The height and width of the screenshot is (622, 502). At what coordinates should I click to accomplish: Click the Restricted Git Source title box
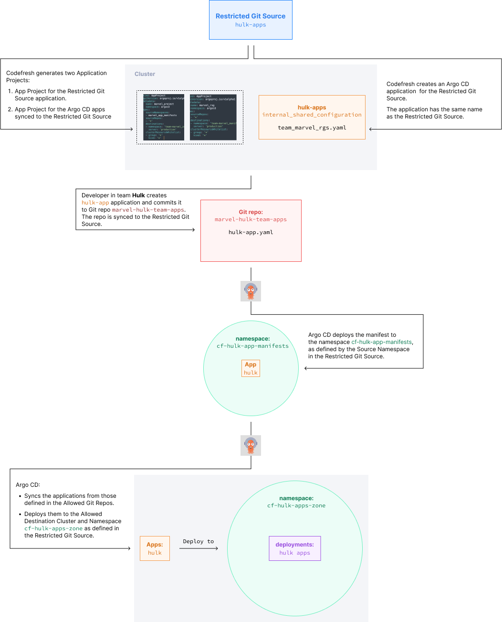pyautogui.click(x=251, y=20)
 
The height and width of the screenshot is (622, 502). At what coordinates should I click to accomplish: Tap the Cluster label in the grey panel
pyautogui.click(x=145, y=74)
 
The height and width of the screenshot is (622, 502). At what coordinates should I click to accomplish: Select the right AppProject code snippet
pyautogui.click(x=213, y=117)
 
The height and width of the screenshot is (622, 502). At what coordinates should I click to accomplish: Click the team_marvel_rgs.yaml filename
pyautogui.click(x=312, y=128)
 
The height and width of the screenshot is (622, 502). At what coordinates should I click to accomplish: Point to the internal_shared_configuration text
pyautogui.click(x=312, y=115)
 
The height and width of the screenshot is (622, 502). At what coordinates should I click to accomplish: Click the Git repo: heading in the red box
pyautogui.click(x=251, y=212)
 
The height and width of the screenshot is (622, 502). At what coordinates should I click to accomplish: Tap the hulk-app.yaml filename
pyautogui.click(x=251, y=232)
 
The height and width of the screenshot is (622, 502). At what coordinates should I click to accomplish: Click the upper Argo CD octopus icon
pyautogui.click(x=251, y=291)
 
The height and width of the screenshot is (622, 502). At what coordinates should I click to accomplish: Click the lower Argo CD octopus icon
pyautogui.click(x=251, y=446)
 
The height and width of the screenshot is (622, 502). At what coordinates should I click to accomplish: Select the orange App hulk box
pyautogui.click(x=251, y=368)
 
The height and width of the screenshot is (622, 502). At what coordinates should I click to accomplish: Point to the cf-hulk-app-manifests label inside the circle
pyautogui.click(x=252, y=346)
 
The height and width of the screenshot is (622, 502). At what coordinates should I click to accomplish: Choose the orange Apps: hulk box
pyautogui.click(x=155, y=548)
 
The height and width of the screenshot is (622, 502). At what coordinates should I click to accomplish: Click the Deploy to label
pyautogui.click(x=198, y=541)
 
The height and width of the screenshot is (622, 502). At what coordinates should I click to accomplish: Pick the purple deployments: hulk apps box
pyautogui.click(x=295, y=548)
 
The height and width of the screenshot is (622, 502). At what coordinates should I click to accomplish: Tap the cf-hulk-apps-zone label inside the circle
pyautogui.click(x=296, y=505)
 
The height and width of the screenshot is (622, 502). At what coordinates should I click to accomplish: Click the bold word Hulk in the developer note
pyautogui.click(x=138, y=195)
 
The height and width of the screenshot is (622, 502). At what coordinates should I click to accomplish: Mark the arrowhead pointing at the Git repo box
pyautogui.click(x=193, y=230)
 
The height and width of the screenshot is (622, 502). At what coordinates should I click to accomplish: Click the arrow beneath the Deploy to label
pyautogui.click(x=199, y=548)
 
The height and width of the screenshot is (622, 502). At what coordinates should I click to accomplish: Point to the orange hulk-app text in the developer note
pyautogui.click(x=95, y=203)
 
